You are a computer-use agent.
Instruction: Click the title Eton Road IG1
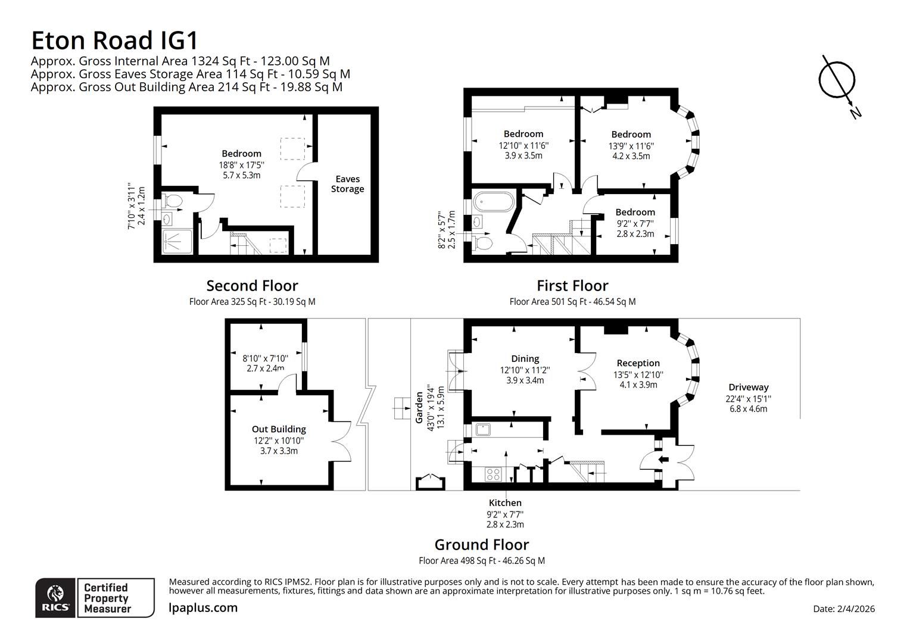114,40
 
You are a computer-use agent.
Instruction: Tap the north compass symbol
837,80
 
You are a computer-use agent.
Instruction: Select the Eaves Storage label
347,184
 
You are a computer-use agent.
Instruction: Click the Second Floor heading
252,286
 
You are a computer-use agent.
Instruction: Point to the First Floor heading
572,286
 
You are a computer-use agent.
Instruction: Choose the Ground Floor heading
481,545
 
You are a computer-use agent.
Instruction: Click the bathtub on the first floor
493,201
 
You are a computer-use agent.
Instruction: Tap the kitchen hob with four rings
494,475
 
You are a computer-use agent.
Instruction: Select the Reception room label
638,363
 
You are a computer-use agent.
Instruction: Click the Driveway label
748,387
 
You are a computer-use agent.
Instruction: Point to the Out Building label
279,429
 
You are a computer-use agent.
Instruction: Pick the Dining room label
525,358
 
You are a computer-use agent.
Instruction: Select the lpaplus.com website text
203,608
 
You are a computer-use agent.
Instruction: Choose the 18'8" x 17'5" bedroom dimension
241,165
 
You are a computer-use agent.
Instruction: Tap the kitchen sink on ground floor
482,429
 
